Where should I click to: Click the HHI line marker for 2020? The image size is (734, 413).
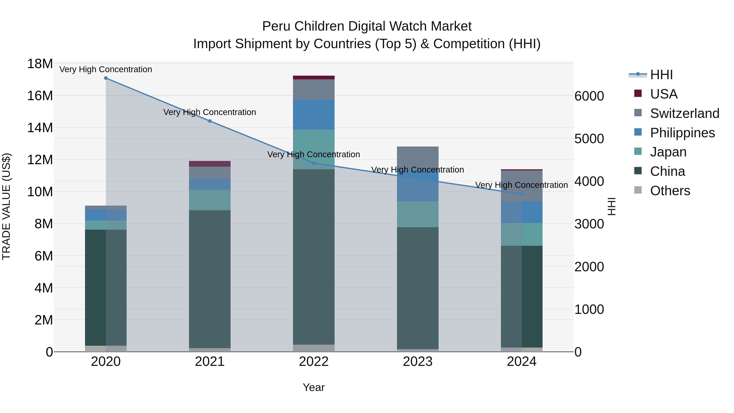(106, 78)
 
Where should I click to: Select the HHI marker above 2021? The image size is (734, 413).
(210, 121)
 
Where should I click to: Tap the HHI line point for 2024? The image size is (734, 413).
(522, 194)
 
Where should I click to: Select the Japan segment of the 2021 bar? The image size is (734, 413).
(210, 200)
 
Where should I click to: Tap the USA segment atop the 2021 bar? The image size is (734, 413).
(210, 164)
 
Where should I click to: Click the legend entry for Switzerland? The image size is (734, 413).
(684, 113)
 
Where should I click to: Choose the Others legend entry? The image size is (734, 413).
(670, 191)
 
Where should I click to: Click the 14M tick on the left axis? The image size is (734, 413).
(40, 128)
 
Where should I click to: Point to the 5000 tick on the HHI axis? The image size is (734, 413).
(589, 139)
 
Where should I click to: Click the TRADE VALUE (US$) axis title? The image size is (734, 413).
(6, 206)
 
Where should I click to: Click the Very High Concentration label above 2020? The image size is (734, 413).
(106, 69)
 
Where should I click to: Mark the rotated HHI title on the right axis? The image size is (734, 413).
(612, 206)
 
